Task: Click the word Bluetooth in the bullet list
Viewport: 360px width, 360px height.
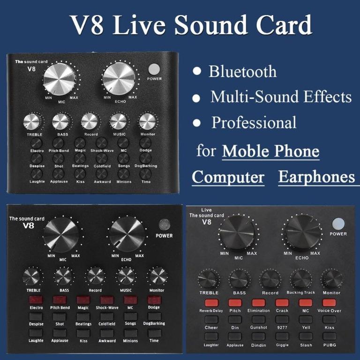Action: [242, 72]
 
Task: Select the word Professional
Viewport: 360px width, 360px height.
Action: [254, 122]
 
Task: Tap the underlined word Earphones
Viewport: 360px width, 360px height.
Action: [316, 177]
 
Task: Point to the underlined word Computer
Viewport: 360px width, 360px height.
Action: [228, 178]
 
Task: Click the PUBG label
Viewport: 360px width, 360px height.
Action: [329, 345]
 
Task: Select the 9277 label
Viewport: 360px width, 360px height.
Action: [282, 328]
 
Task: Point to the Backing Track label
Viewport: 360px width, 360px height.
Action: [301, 292]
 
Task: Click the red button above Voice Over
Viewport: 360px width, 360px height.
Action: [329, 303]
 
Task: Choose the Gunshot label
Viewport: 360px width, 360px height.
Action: [258, 328]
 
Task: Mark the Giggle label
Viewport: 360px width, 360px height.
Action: [282, 345]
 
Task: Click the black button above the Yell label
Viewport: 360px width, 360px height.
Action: [306, 320]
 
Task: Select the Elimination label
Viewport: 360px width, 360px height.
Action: [259, 310]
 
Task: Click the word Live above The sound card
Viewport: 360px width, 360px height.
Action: [206, 210]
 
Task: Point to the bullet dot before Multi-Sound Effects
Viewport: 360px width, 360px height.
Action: [197, 98]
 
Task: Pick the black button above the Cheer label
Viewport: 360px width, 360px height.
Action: [211, 320]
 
